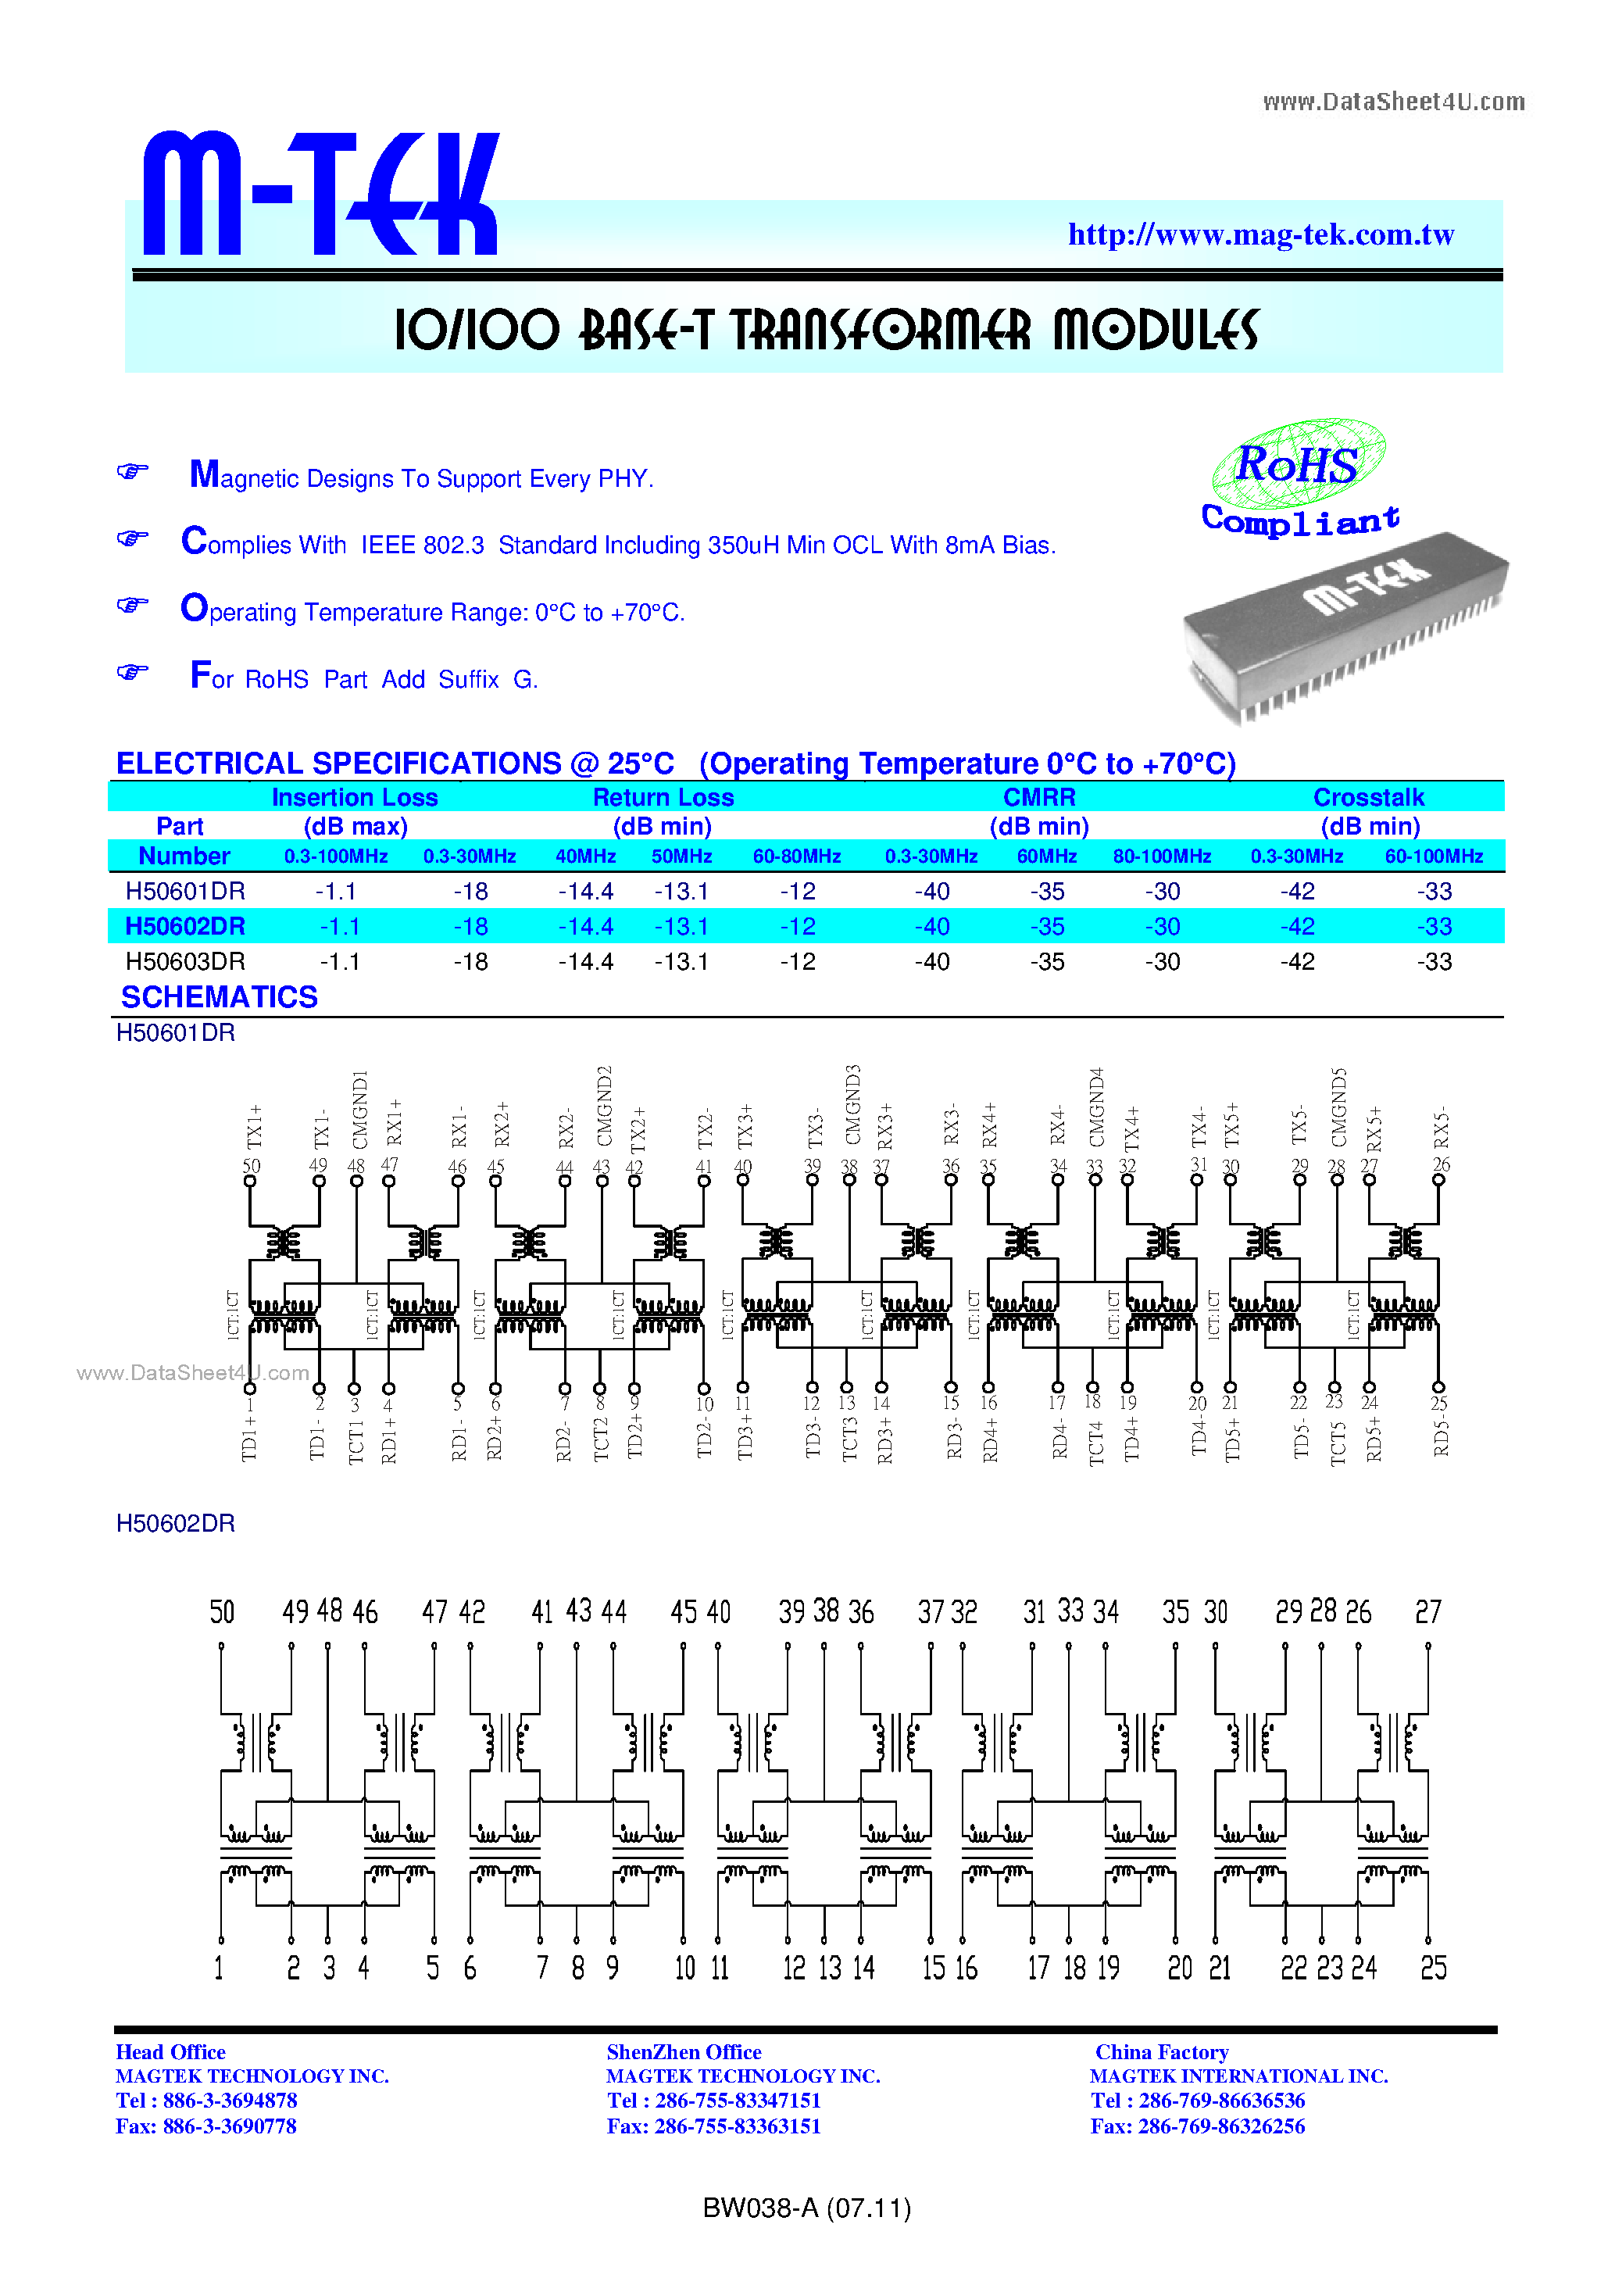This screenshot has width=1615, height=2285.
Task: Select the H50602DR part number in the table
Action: [x=185, y=927]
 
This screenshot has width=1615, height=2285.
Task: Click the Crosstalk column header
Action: [x=1368, y=797]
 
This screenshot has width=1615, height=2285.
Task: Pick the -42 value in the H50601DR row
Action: [x=1296, y=892]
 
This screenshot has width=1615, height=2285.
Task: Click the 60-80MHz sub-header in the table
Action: [x=796, y=856]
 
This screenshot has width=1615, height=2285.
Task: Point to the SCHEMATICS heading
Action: [x=219, y=997]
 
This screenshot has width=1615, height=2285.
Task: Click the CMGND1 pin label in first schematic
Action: [x=360, y=1109]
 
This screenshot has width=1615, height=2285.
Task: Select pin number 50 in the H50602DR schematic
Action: [x=222, y=1611]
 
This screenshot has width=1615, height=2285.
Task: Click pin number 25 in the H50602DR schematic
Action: [x=1433, y=1968]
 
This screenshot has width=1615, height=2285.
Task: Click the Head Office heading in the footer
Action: [x=170, y=2052]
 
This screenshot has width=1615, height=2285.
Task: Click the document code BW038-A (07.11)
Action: [x=806, y=2208]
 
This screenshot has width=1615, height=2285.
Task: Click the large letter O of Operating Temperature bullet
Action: [x=194, y=608]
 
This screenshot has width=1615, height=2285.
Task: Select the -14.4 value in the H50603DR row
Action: [x=585, y=962]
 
